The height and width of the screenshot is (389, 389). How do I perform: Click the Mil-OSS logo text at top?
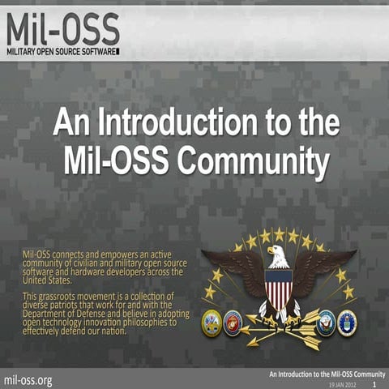coord(62,29)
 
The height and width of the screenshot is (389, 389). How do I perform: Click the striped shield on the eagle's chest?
coord(278,287)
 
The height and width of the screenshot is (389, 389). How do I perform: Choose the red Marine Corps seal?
coord(233,321)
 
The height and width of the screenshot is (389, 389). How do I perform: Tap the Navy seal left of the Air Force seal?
coord(326,321)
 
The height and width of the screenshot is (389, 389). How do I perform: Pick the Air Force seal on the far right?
coord(348,321)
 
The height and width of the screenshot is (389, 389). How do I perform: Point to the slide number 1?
coord(375,385)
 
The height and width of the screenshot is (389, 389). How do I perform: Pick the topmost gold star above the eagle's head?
coord(279,233)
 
